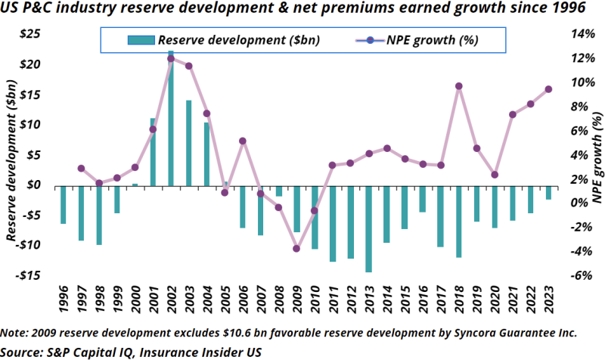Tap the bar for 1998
coord(98,215)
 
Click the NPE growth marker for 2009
coord(296,249)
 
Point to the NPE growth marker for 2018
coord(458,86)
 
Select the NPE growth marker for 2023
coord(548,89)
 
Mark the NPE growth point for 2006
coord(243,141)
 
